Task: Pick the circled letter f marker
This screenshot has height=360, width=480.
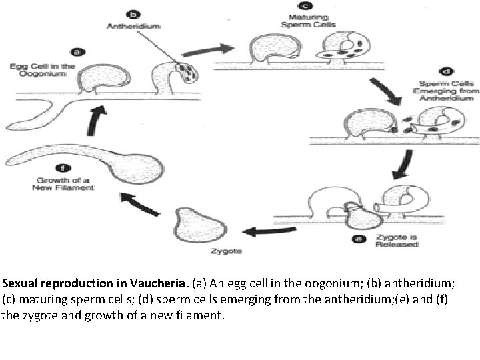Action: click(63, 169)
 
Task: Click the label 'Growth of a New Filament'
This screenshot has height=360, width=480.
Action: click(63, 183)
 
